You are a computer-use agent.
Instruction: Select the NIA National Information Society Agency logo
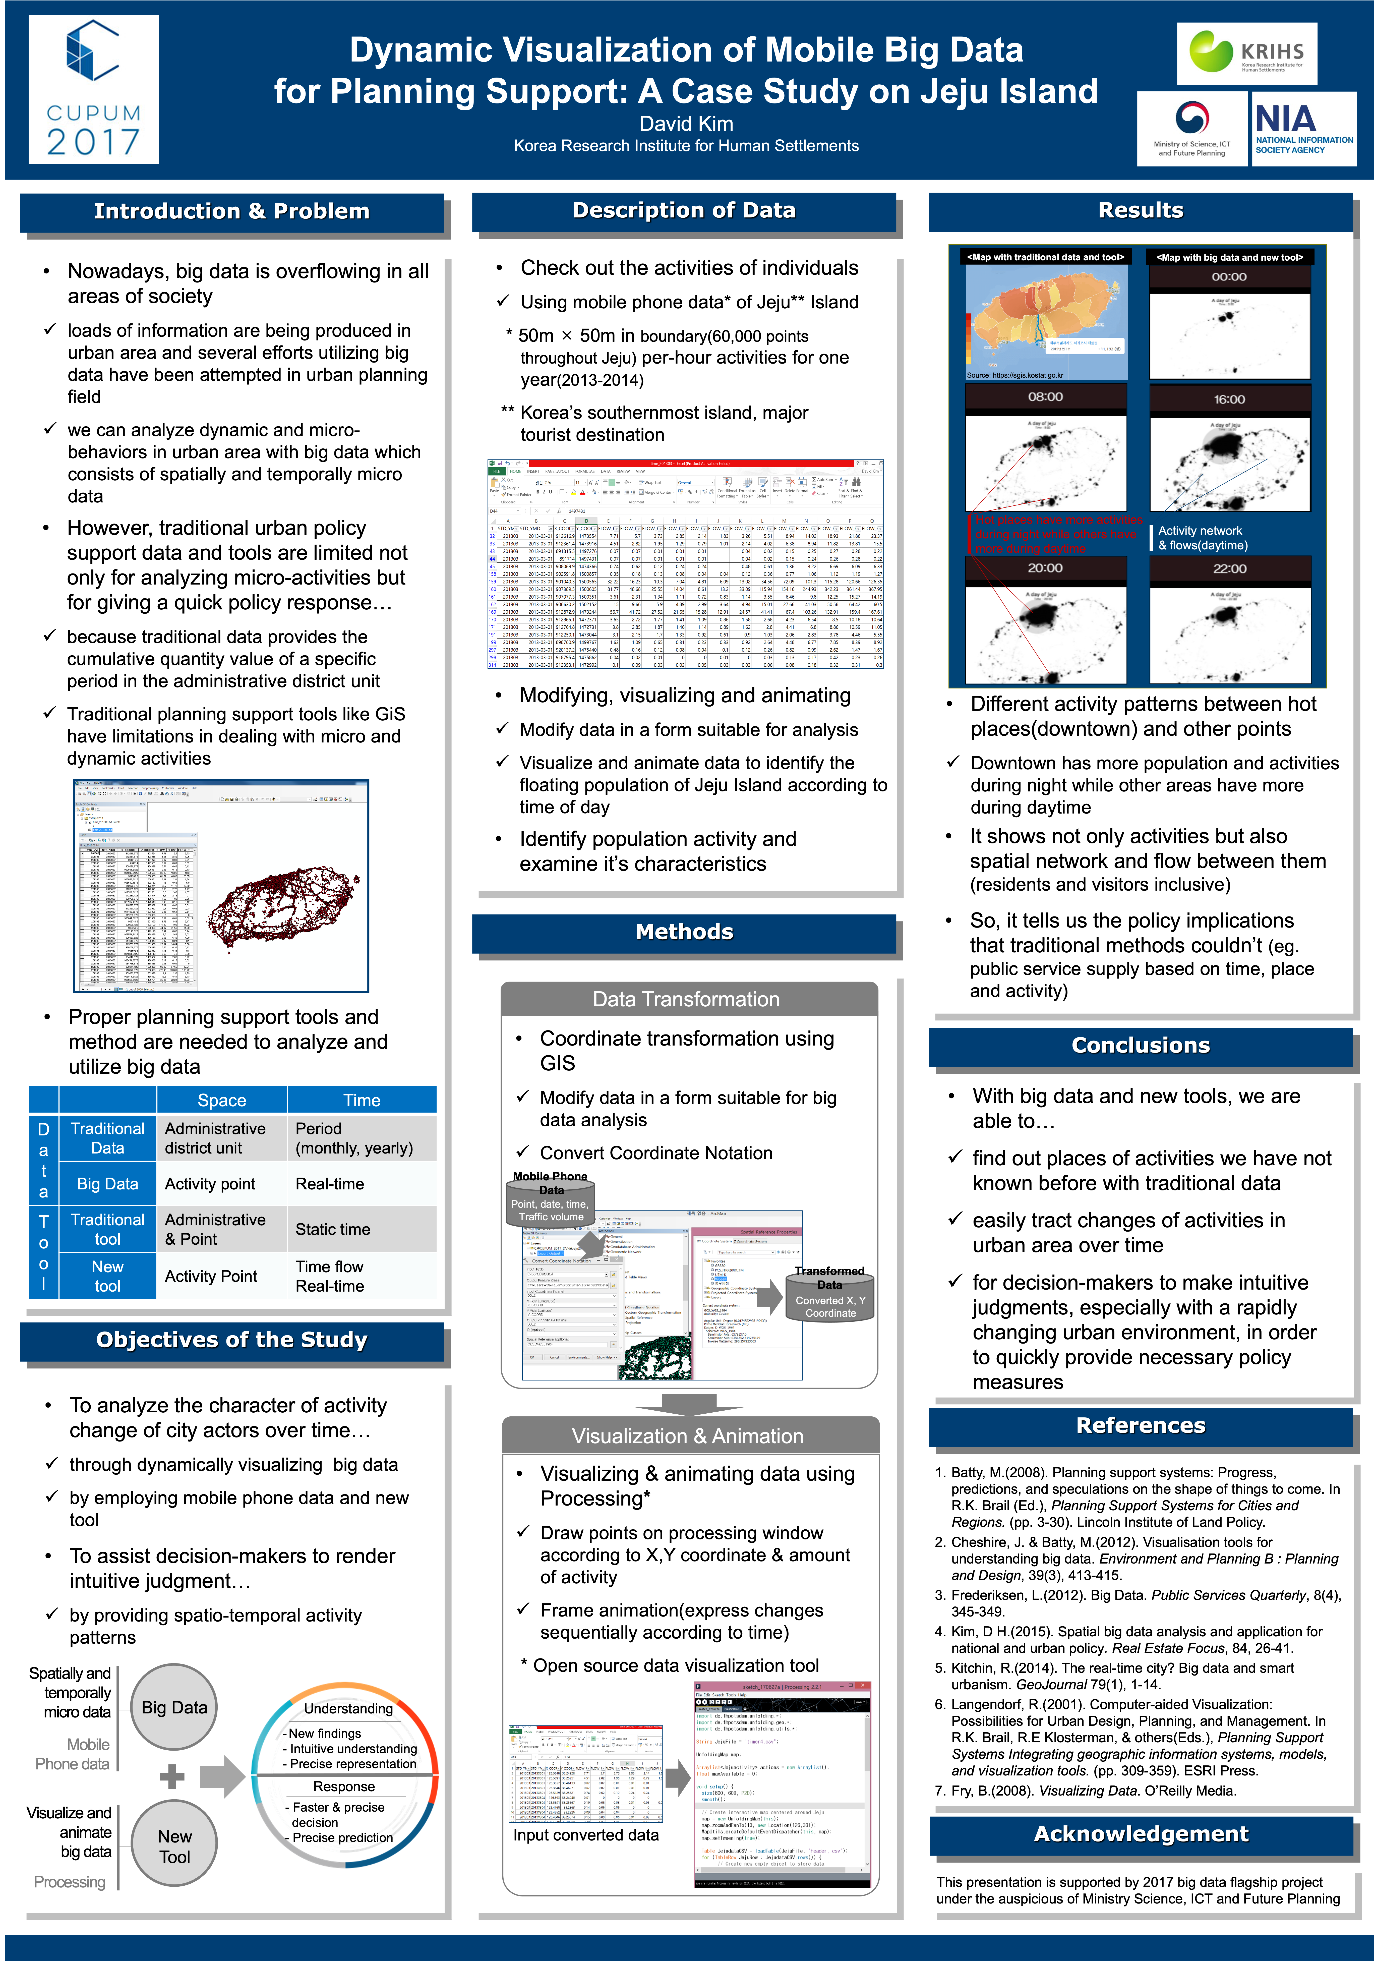[x=1303, y=128]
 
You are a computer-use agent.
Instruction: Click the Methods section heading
[x=684, y=932]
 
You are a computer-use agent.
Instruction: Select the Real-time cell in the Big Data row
[x=330, y=1184]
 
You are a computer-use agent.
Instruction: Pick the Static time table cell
[x=333, y=1229]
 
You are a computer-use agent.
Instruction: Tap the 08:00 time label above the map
[x=1045, y=397]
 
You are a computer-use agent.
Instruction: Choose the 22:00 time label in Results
[x=1230, y=569]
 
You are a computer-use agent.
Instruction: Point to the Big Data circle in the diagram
[x=174, y=1707]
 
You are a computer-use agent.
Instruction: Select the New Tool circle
[x=174, y=1847]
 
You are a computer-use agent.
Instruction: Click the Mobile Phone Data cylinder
[x=551, y=1197]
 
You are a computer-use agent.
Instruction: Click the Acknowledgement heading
[x=1141, y=1834]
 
